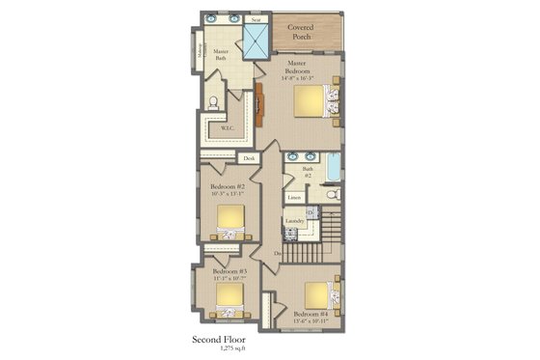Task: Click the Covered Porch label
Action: [309, 32]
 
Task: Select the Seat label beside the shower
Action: [256, 18]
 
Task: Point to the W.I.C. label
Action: [228, 127]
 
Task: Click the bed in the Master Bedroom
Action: [315, 101]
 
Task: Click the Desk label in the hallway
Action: [249, 158]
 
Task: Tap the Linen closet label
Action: [294, 198]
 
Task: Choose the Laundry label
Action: [294, 221]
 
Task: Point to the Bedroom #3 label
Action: [229, 271]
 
